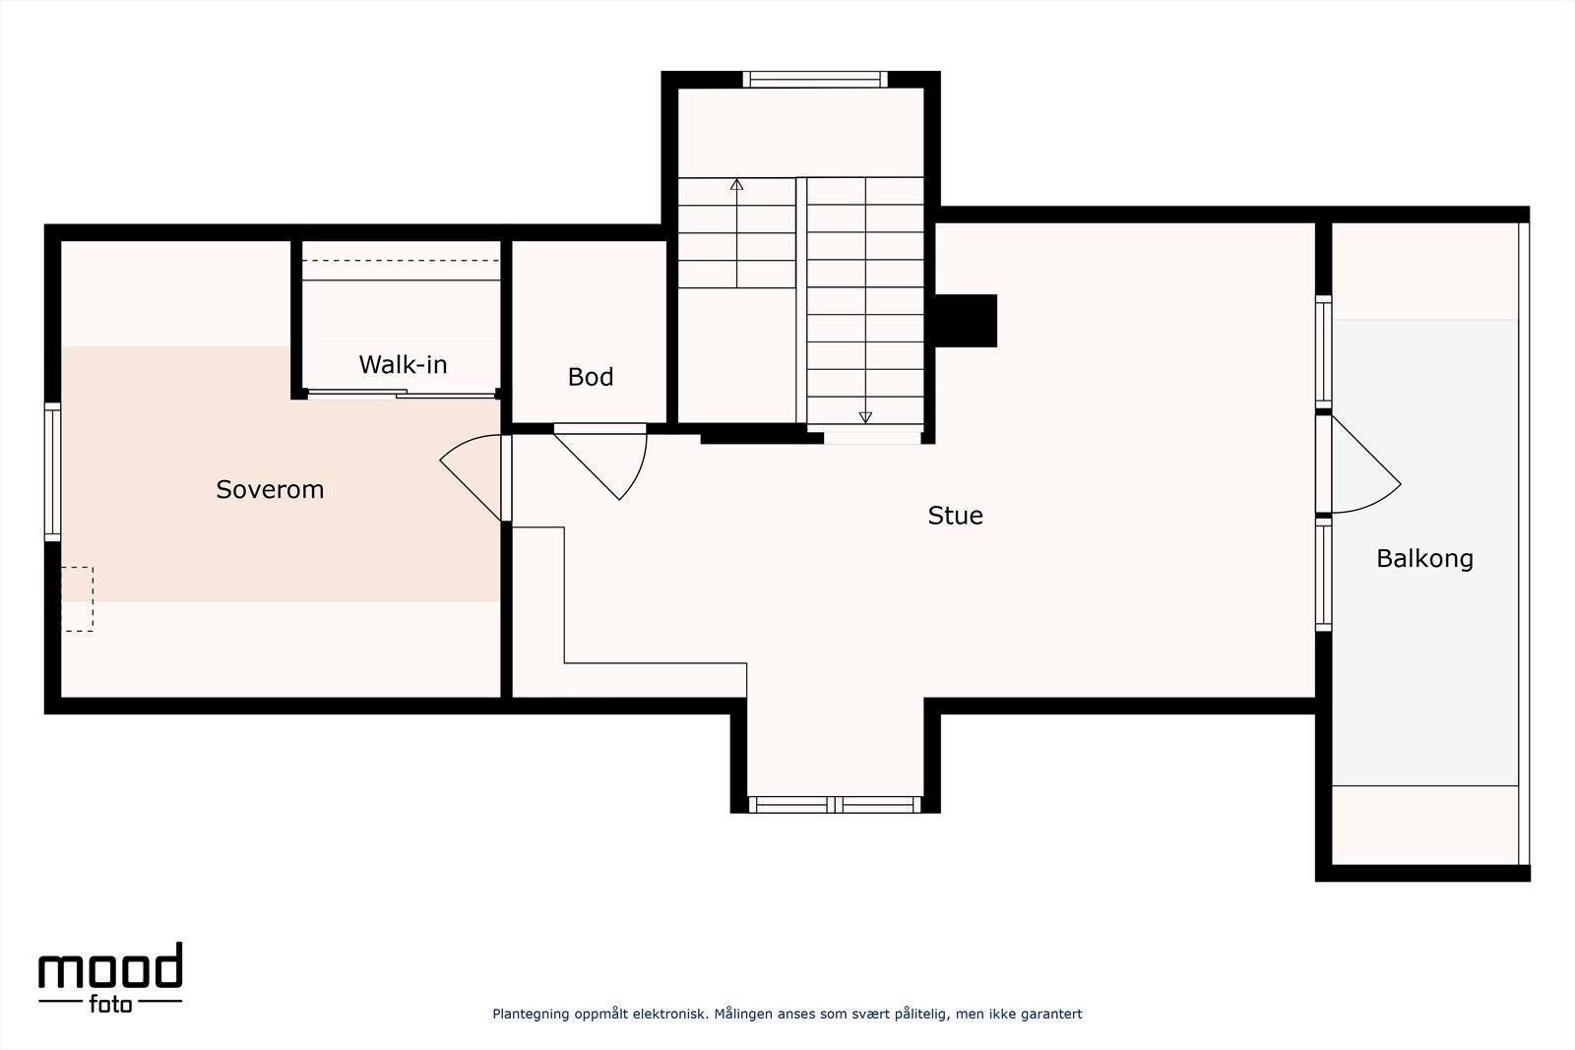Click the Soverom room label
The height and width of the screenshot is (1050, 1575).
270,489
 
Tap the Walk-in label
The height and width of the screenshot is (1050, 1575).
403,364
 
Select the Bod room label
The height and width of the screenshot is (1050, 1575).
591,377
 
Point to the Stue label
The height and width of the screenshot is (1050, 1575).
955,516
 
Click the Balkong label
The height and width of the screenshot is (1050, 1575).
1424,558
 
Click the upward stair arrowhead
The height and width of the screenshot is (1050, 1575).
737,184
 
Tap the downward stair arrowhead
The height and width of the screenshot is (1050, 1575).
865,417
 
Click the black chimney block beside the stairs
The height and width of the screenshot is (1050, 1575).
966,321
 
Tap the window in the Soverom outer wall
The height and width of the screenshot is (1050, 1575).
53,471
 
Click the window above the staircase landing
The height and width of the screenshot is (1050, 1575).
815,80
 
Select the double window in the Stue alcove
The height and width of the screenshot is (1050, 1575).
835,805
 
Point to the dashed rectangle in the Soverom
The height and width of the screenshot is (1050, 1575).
78,598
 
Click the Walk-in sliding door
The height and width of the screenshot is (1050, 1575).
402,394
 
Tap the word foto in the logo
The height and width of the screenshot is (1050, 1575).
110,1005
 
